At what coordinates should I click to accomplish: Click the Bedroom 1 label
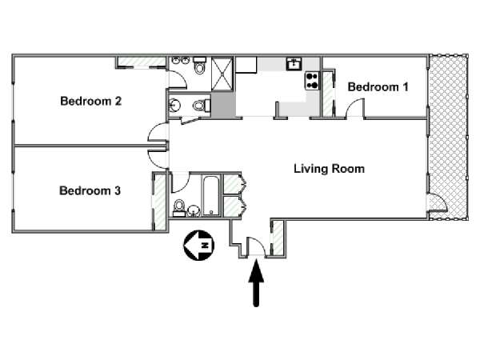pyautogui.click(x=378, y=87)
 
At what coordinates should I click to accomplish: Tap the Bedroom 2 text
pyautogui.click(x=91, y=101)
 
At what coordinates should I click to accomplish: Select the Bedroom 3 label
pyautogui.click(x=90, y=190)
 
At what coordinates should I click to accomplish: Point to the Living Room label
pyautogui.click(x=329, y=169)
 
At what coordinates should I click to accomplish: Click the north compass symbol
pyautogui.click(x=199, y=246)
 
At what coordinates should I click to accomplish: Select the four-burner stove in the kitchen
pyautogui.click(x=312, y=81)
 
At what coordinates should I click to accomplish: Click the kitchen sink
pyautogui.click(x=294, y=64)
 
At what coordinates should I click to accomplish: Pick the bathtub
pyautogui.click(x=211, y=196)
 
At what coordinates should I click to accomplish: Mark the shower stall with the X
pyautogui.click(x=222, y=74)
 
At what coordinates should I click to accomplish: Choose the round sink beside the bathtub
pyautogui.click(x=194, y=210)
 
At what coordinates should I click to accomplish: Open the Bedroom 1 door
pyautogui.click(x=355, y=108)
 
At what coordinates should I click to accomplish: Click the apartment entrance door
pyautogui.click(x=255, y=246)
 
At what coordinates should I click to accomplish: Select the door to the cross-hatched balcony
pyautogui.click(x=438, y=202)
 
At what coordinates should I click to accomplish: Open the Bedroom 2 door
pyautogui.click(x=158, y=132)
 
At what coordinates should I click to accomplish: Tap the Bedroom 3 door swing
pyautogui.click(x=158, y=158)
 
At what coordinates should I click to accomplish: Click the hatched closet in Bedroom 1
pyautogui.click(x=328, y=94)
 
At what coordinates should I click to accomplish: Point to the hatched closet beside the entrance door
pyautogui.click(x=278, y=238)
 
